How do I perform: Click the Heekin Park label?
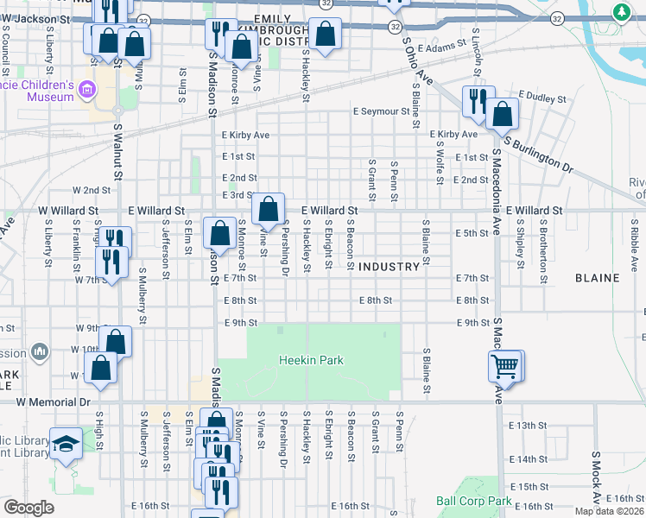tap(311, 360)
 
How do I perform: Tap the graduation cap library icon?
tap(66, 444)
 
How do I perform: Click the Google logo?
tap(28, 508)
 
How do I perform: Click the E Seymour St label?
tap(381, 111)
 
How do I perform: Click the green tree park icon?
tap(621, 12)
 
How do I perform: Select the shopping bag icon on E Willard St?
tap(269, 208)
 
